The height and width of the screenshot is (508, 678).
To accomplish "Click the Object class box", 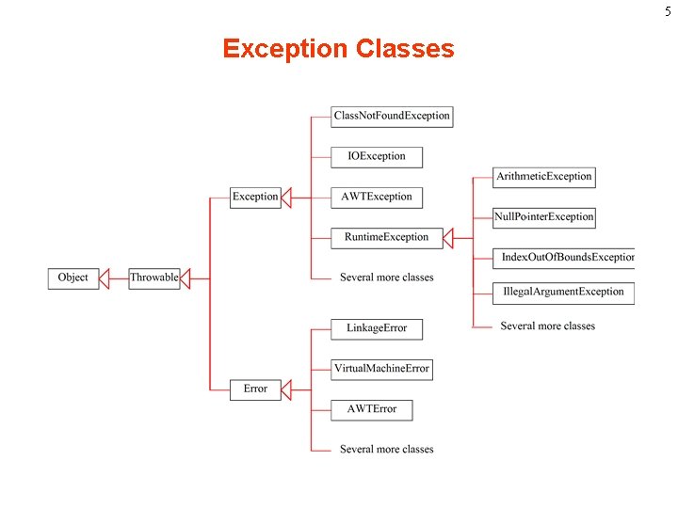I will coord(73,278).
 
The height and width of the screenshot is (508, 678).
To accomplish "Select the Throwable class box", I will coord(153,278).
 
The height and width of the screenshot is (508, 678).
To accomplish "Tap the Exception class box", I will coord(255,198).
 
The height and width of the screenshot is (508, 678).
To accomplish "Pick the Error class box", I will coord(255,389).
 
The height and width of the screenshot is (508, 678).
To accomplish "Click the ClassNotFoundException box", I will coord(392,117).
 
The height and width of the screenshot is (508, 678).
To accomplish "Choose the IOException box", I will coord(377,157).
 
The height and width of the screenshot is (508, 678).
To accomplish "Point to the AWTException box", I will coord(377,198).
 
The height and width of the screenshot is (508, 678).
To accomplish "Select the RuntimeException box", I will coord(386,238).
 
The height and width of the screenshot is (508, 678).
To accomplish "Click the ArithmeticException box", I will coord(544,177).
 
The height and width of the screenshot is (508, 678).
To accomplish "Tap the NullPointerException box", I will coord(544,217).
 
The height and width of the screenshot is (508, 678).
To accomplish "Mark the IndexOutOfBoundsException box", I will coord(565,258).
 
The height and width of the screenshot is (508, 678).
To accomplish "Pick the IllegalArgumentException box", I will coord(563,293).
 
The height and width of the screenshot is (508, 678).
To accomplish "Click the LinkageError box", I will coord(377,328).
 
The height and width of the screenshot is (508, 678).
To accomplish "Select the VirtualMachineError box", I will coord(381,369).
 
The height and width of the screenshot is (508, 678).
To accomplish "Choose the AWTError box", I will coord(372,409).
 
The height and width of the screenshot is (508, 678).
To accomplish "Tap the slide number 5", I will coord(669,10).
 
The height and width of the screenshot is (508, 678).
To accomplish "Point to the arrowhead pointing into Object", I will coord(105,278).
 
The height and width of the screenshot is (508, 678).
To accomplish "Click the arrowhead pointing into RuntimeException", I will coord(448,238).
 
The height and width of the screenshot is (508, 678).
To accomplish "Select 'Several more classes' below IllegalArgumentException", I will coord(547,326).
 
